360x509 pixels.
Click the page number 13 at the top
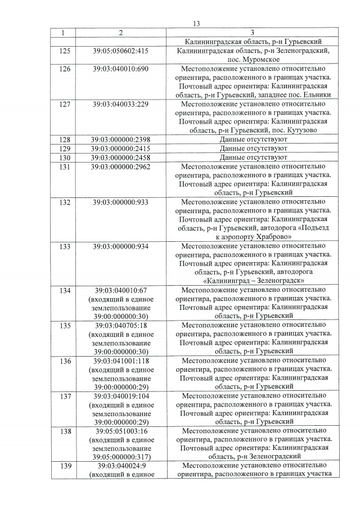tap(196, 23)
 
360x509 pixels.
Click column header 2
tap(120, 33)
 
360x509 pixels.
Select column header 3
tap(253, 33)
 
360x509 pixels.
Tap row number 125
tap(64, 51)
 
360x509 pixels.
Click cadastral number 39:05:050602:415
tap(120, 51)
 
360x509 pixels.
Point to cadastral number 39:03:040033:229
tap(120, 104)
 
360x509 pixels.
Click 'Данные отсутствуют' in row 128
tap(253, 139)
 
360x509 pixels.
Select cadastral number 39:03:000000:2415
tap(120, 148)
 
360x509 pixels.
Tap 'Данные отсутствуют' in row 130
tap(253, 157)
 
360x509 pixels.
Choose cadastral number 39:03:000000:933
tap(120, 201)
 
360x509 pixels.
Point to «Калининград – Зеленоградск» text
tap(253, 281)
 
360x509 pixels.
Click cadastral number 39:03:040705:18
tap(120, 325)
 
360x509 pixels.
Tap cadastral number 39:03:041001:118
tap(120, 361)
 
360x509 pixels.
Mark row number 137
tap(64, 395)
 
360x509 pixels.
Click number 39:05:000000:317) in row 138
tap(120, 457)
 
